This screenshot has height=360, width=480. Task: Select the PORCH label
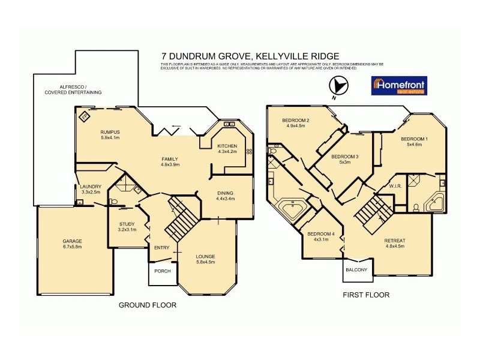[x=163, y=271]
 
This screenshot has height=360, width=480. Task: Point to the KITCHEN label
[x=227, y=146]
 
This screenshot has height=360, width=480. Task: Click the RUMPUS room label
[x=110, y=131]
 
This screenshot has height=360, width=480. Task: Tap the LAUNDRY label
[x=91, y=187]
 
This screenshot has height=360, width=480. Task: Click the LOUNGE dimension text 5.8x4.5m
[x=205, y=262]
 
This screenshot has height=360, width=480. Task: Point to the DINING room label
[x=226, y=193]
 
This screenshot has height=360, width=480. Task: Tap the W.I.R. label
[x=395, y=185]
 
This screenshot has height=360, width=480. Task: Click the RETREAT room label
[x=395, y=240]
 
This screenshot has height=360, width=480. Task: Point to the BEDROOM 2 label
[x=296, y=121]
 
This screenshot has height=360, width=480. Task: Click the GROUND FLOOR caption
[x=147, y=305]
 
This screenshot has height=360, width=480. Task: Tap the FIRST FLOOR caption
[x=366, y=295]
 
